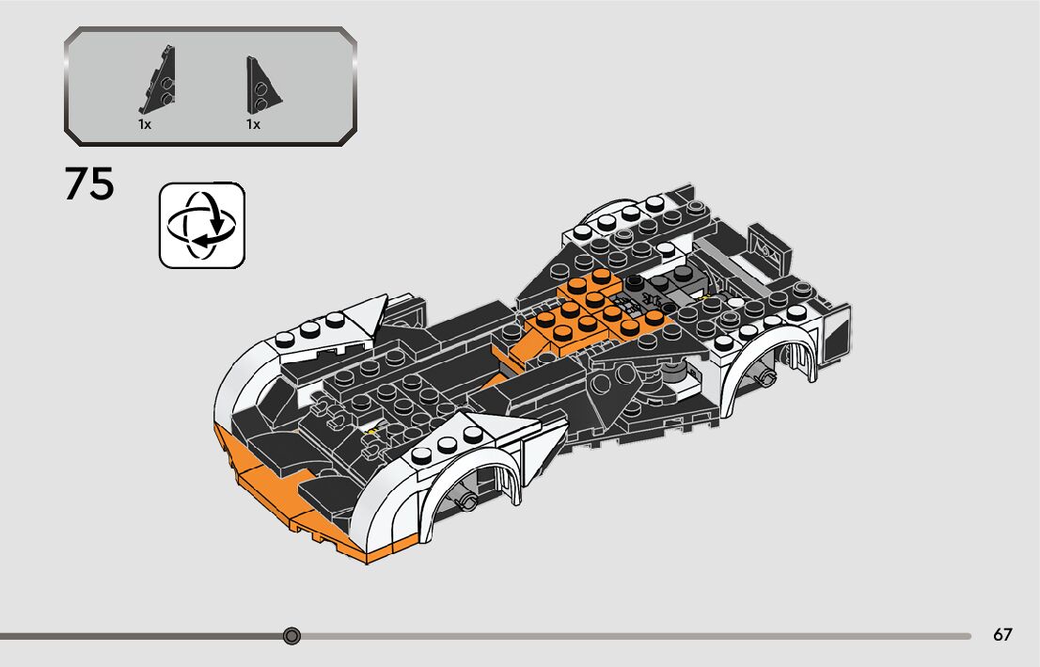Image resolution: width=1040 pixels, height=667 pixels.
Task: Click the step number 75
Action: pos(89,184)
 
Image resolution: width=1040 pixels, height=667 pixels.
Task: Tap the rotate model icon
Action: pos(202,226)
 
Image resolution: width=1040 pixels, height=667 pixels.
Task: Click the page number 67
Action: pos(1002,635)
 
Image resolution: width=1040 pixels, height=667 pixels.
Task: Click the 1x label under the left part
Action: pos(145,124)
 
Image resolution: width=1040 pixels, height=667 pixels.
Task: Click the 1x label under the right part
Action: pos(253,124)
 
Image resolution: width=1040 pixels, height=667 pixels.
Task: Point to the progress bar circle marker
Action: pos(292,636)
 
